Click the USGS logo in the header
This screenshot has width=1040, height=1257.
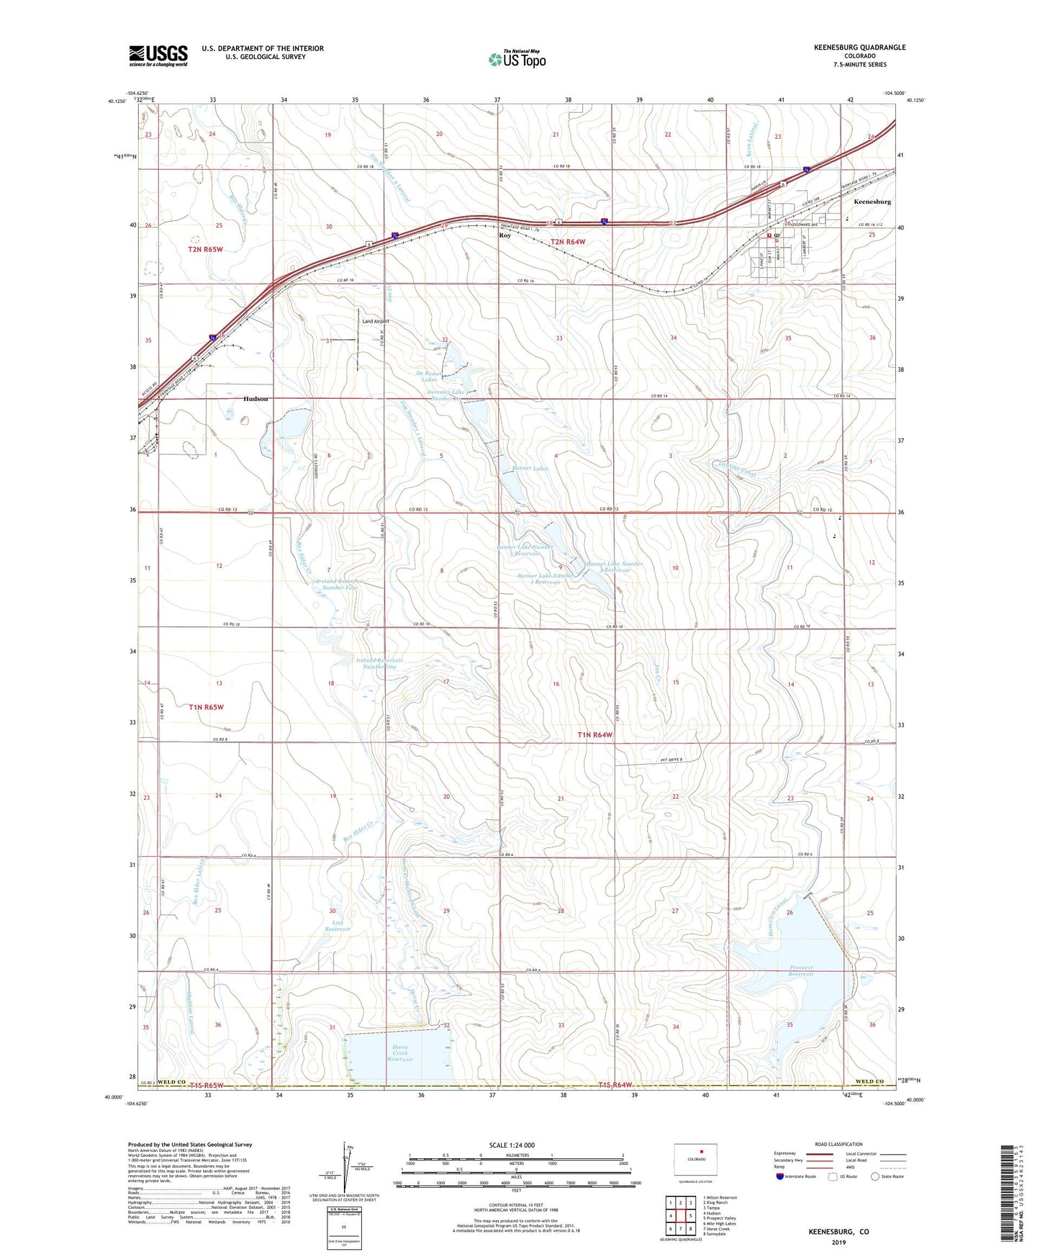[158, 55]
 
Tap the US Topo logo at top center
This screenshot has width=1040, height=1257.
[517, 59]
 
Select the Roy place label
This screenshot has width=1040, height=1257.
[505, 235]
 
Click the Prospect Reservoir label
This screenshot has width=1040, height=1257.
[801, 970]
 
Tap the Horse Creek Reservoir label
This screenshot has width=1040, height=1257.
[400, 1053]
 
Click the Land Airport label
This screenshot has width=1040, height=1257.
[376, 321]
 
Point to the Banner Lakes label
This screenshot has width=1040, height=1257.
[530, 468]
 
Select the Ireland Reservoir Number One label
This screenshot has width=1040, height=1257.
[379, 663]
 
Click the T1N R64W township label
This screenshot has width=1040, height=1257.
[594, 734]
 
